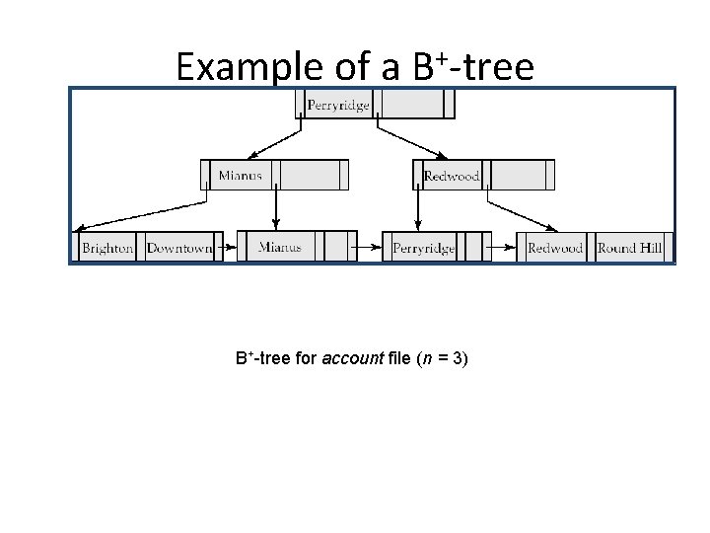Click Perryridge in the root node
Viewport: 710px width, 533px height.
[x=338, y=105]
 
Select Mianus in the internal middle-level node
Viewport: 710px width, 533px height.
[x=240, y=176]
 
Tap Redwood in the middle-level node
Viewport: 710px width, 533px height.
[x=451, y=176]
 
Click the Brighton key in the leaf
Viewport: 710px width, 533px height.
[x=107, y=248]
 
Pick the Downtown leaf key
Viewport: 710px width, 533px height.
[x=178, y=248]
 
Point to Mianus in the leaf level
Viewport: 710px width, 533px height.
[x=279, y=247]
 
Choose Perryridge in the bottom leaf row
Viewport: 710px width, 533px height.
[x=423, y=248]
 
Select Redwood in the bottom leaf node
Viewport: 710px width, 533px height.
[x=555, y=248]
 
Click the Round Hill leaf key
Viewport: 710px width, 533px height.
[x=629, y=248]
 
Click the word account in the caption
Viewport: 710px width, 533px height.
[x=352, y=358]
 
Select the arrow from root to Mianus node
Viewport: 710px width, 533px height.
[x=274, y=138]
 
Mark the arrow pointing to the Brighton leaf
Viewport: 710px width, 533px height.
[x=138, y=214]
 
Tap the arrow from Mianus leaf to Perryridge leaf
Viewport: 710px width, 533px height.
[x=371, y=247]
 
